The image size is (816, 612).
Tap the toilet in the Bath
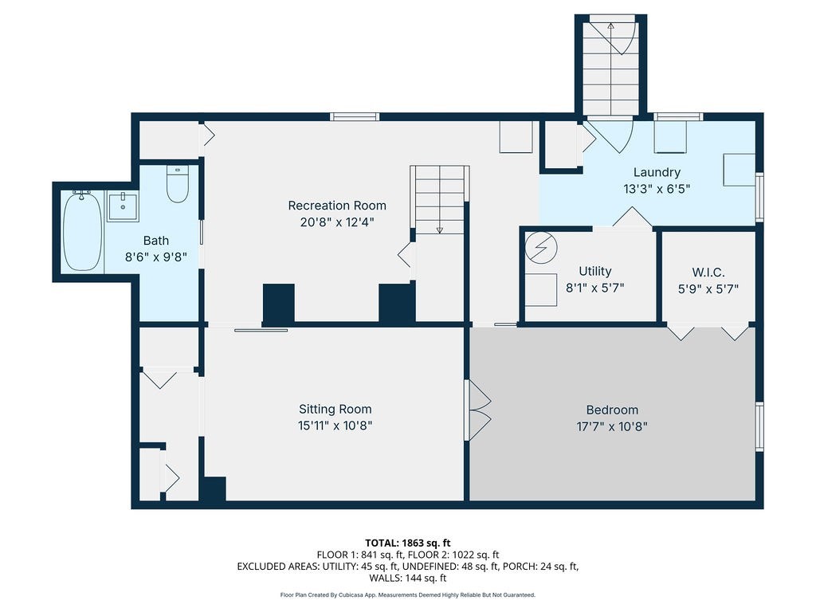178,184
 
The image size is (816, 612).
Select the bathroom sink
123,206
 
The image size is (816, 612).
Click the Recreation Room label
337,206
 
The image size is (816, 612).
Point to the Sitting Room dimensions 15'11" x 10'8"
335,426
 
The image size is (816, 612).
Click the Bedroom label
612,410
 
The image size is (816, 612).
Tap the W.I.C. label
708,273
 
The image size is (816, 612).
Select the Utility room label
594,271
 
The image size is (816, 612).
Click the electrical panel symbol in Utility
541,247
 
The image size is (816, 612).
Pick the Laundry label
657,172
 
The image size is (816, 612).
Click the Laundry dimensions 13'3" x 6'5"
657,189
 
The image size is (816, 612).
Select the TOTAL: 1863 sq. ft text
408,543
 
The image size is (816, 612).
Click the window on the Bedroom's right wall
759,426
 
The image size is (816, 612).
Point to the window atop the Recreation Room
355,116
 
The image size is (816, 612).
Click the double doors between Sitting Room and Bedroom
477,410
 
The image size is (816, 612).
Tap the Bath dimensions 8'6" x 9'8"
156,257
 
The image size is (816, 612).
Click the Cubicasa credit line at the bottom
407,594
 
